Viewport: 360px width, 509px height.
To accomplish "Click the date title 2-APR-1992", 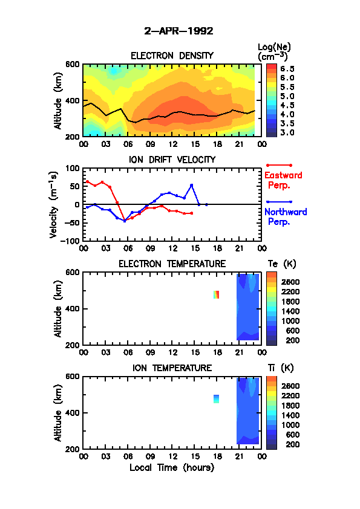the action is (x=178, y=31).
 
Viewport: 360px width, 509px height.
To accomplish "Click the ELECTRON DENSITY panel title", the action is (x=172, y=56).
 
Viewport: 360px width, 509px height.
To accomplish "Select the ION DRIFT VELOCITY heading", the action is (x=172, y=160).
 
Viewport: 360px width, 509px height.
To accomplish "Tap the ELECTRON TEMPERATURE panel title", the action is (x=172, y=264).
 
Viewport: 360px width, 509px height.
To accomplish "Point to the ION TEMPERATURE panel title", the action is (x=172, y=368).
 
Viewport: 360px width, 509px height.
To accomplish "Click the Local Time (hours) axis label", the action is (x=172, y=467).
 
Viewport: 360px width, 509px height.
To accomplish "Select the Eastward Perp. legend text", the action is (x=283, y=180).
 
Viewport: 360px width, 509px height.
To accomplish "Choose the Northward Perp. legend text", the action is (x=286, y=217).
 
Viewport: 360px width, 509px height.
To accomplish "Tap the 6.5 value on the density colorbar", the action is (x=287, y=69).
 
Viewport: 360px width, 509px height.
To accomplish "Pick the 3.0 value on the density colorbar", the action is (x=287, y=132).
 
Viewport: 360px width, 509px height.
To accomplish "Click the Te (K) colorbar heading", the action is (x=282, y=264).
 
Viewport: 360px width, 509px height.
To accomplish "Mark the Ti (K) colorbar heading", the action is (x=280, y=368).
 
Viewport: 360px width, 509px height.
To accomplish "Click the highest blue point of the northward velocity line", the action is (x=192, y=186).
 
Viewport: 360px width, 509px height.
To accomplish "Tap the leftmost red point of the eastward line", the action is (x=87, y=181).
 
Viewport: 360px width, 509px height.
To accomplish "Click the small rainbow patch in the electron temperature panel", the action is (x=217, y=294).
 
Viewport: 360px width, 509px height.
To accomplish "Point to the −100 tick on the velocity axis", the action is (x=72, y=241).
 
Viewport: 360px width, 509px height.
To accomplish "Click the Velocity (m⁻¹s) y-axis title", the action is (x=54, y=205).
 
